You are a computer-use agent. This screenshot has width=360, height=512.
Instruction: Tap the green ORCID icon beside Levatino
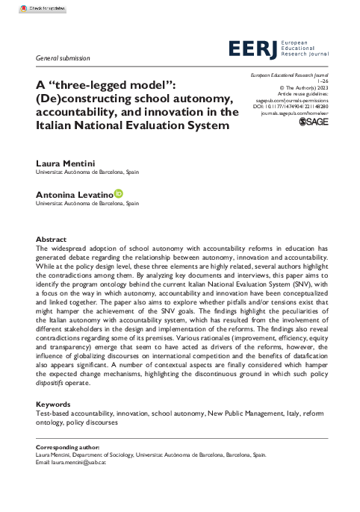click(118, 193)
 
